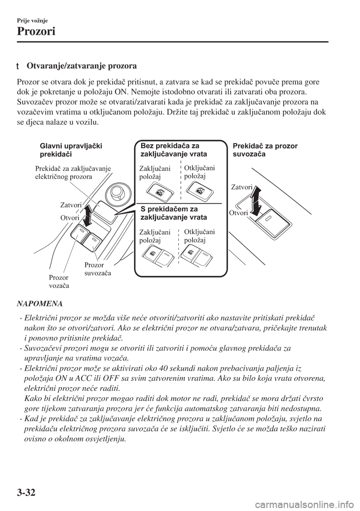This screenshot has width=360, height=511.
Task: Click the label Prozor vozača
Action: pos(59,281)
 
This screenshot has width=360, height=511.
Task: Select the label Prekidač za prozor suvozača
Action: pos(265,150)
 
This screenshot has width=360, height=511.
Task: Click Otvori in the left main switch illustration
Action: pos(70,218)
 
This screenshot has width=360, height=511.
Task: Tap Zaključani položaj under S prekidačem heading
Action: pos(154,236)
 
